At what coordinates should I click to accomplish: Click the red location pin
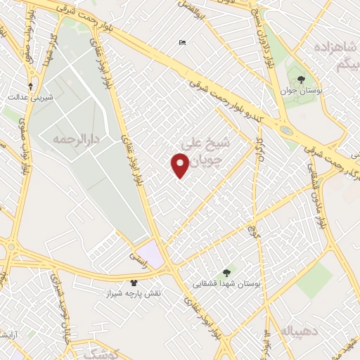click(x=180, y=165)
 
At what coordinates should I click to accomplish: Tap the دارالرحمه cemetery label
click(x=72, y=139)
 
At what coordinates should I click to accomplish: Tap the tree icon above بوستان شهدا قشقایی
click(x=226, y=272)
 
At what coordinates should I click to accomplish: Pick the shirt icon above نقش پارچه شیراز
click(x=134, y=282)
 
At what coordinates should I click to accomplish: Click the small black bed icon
click(x=183, y=44)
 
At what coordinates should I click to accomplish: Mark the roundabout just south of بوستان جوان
click(x=286, y=130)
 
